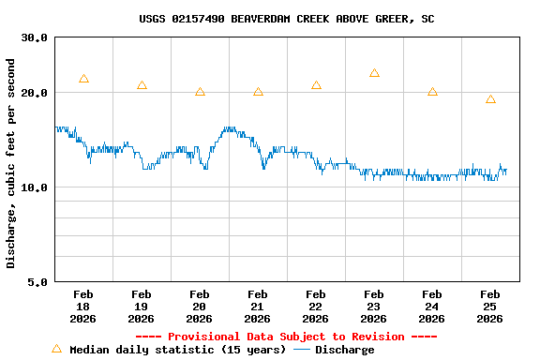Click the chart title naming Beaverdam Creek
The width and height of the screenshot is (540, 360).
tap(286, 19)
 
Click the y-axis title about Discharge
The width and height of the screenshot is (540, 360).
tap(11, 163)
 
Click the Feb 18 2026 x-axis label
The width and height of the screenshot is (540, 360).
tap(83, 306)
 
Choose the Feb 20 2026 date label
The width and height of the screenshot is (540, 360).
tap(200, 306)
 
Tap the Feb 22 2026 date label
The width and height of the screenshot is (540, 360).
tap(316, 306)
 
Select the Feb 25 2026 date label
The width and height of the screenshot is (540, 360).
tap(490, 306)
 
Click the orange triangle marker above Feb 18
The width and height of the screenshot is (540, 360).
tap(83, 79)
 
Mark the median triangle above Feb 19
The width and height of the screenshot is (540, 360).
tap(142, 85)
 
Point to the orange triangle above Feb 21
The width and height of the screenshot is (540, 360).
tap(258, 92)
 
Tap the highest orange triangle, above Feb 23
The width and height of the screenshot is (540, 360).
tap(374, 73)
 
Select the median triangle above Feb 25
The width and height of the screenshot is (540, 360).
tap(490, 99)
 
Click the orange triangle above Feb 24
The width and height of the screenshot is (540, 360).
tap(432, 92)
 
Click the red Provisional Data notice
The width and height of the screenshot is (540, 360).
tap(286, 337)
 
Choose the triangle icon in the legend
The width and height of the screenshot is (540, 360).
tap(56, 349)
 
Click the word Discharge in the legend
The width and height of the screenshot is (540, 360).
tap(344, 350)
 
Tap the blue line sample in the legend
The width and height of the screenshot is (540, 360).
tap(301, 350)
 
